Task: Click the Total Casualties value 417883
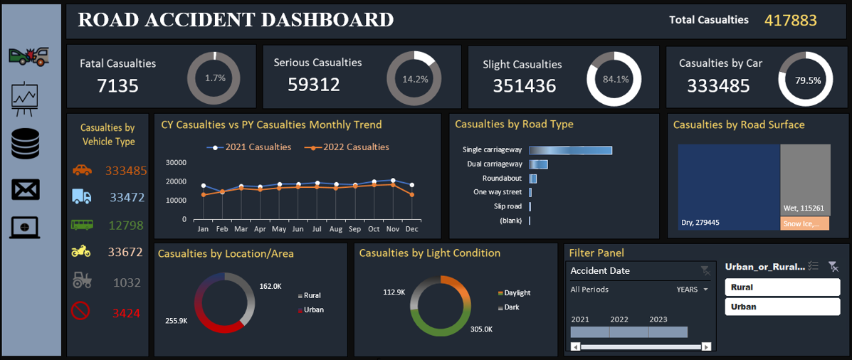pos(790,21)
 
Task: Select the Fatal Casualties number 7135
pos(118,86)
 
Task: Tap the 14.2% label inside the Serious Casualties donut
pos(415,79)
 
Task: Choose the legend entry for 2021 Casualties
pos(249,147)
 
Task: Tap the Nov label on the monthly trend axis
pos(392,230)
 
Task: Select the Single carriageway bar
pos(571,150)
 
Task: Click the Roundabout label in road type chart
pos(502,178)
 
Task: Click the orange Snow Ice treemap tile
pos(805,223)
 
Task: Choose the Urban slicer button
pos(782,307)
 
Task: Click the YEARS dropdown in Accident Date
pos(693,290)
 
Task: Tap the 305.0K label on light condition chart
pos(481,329)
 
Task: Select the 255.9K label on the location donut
pos(176,321)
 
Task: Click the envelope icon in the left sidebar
pos(26,189)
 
